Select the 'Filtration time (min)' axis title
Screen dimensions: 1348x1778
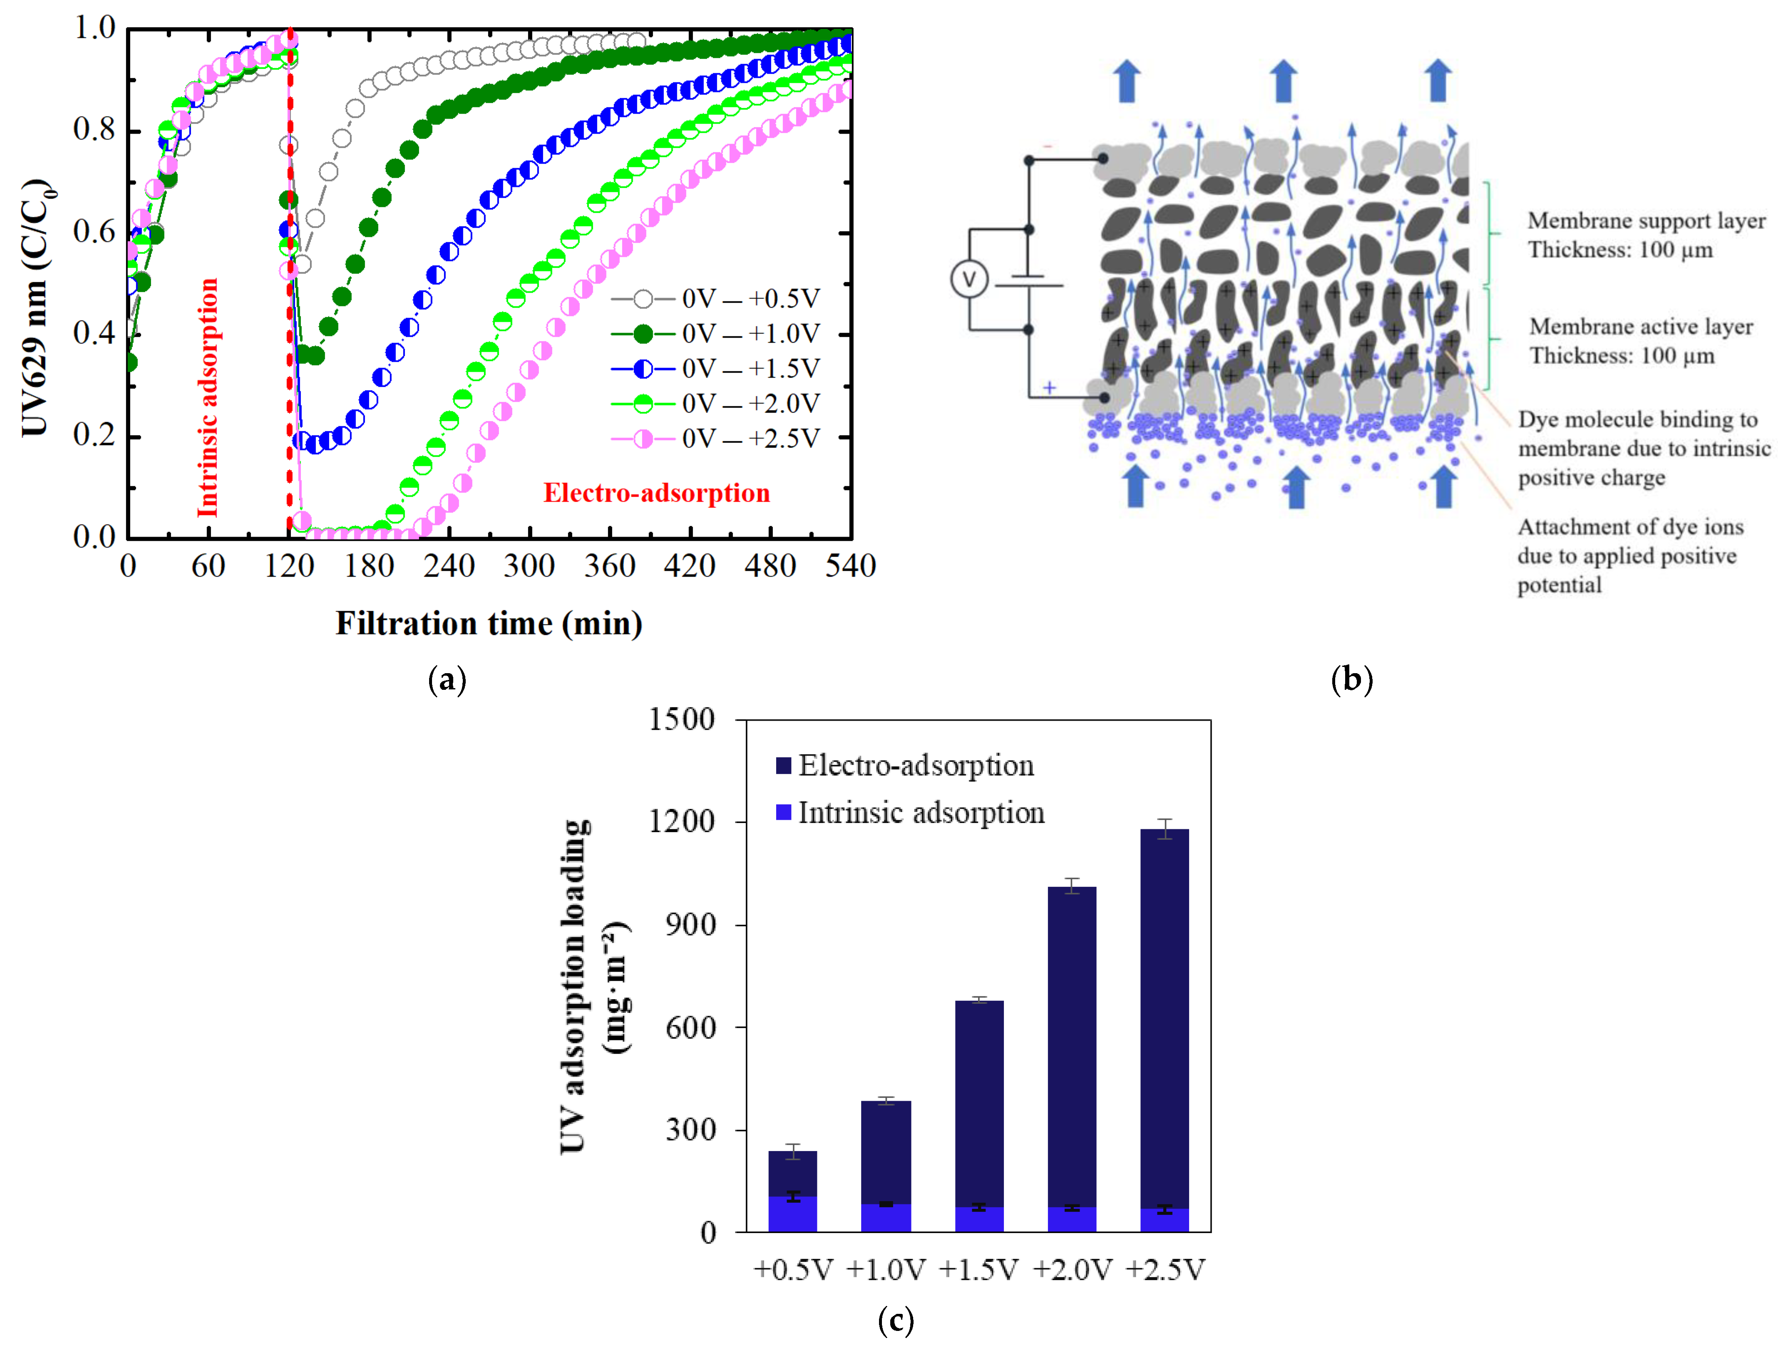click(489, 624)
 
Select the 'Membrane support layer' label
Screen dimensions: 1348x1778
click(1645, 235)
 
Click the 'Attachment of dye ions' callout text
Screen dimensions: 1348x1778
click(1629, 555)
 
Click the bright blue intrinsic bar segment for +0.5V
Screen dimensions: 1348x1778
click(792, 1214)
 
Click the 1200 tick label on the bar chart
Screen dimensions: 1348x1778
click(682, 821)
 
